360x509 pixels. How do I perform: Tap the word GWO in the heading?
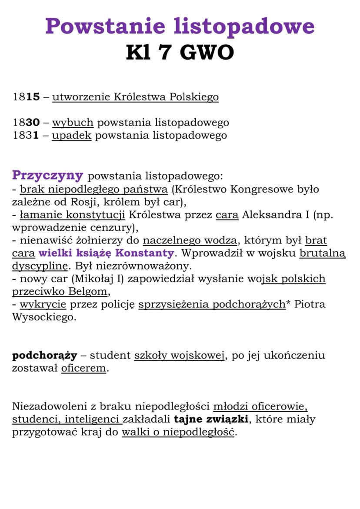click(x=207, y=53)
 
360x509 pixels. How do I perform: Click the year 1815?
click(x=26, y=96)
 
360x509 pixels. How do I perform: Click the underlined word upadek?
click(x=72, y=135)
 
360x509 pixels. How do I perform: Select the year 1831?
click(x=26, y=135)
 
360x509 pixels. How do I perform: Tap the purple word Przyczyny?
click(x=47, y=175)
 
